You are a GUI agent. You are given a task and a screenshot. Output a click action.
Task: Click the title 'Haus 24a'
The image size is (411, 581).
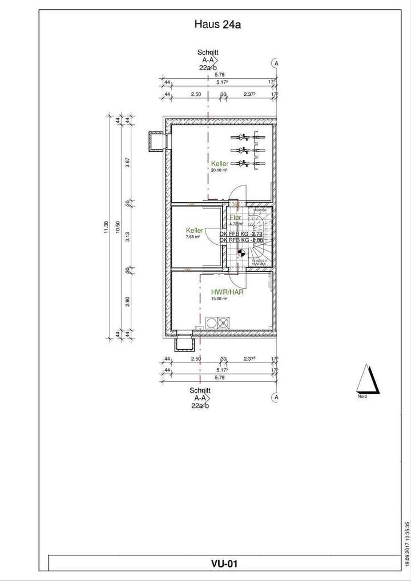[212, 25]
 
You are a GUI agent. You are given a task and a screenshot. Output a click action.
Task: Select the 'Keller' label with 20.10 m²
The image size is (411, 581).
[220, 164]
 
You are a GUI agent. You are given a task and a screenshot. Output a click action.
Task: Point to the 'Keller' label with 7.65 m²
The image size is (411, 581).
[194, 230]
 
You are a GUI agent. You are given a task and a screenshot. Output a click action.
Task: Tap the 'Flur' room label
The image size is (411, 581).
[236, 217]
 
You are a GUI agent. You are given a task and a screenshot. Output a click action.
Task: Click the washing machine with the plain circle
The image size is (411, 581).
[212, 323]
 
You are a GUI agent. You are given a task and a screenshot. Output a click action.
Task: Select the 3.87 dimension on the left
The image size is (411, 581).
[128, 162]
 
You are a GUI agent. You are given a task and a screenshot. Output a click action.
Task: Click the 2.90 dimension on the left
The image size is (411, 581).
[128, 301]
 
